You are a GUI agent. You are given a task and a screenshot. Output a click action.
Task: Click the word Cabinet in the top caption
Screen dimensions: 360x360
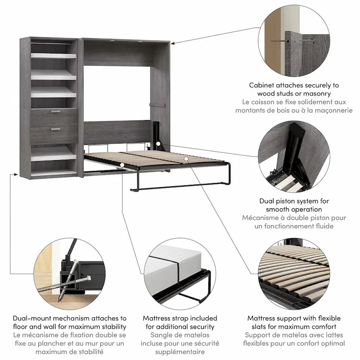click(x=261, y=85)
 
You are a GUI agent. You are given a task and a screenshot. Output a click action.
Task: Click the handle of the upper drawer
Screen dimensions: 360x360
click(x=55, y=113)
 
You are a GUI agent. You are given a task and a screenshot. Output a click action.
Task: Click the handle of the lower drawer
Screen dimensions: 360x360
click(x=55, y=130)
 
